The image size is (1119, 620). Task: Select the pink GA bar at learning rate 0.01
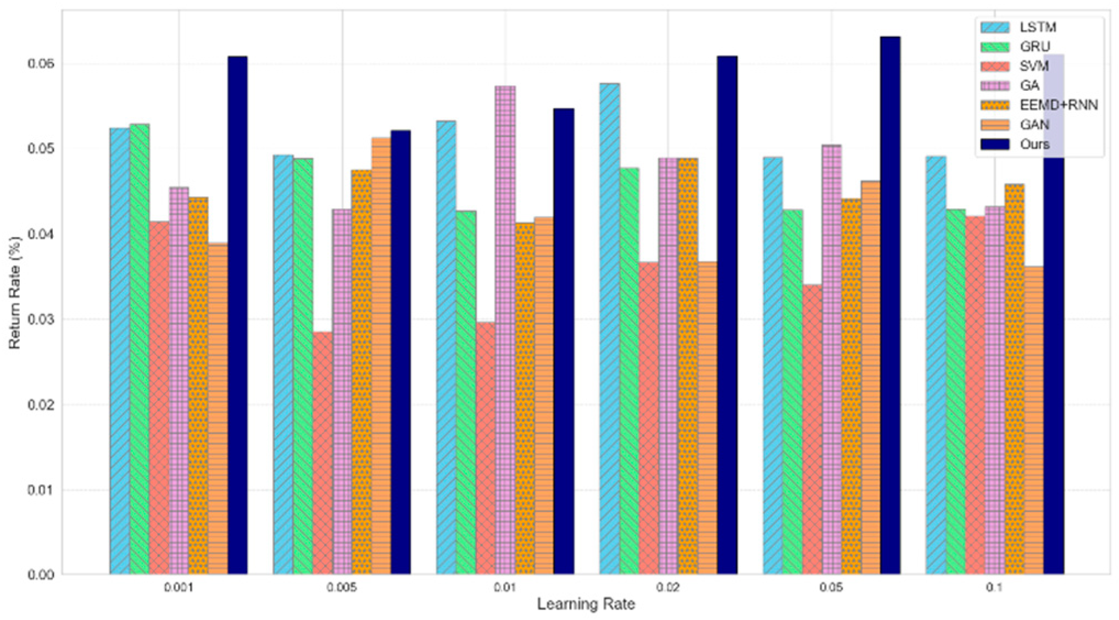pyautogui.click(x=505, y=330)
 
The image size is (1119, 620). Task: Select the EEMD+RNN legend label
pyautogui.click(x=1059, y=105)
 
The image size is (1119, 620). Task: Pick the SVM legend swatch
pyautogui.click(x=994, y=67)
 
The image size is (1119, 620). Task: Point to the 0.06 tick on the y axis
pyautogui.click(x=41, y=64)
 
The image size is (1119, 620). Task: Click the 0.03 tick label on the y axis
pyautogui.click(x=41, y=319)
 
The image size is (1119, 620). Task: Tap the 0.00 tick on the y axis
pyautogui.click(x=41, y=574)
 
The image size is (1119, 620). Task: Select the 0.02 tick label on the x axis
pyautogui.click(x=668, y=588)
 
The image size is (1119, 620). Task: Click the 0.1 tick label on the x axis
pyautogui.click(x=994, y=588)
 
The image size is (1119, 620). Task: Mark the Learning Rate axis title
pyautogui.click(x=586, y=605)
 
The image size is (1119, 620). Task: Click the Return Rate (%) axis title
pyautogui.click(x=15, y=292)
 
